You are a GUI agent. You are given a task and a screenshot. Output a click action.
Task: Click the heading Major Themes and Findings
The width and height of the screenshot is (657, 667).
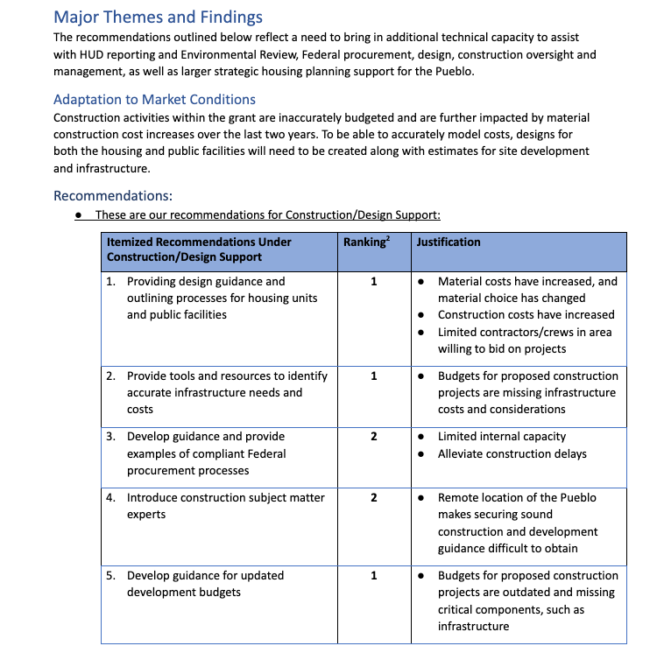click(x=158, y=17)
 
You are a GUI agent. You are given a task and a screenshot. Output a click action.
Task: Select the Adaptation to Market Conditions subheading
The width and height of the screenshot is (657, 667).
click(x=154, y=99)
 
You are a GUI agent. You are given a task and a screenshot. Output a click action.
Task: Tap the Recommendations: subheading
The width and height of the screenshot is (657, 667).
click(x=112, y=195)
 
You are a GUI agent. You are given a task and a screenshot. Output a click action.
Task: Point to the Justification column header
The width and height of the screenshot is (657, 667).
click(x=449, y=242)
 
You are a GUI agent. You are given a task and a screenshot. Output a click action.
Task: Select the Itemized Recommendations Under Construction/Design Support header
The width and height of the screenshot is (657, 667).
click(x=199, y=249)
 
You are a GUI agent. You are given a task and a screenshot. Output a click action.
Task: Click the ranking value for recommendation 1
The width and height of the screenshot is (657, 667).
click(x=373, y=282)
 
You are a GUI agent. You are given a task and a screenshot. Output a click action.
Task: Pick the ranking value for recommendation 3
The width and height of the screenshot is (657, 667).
click(x=373, y=437)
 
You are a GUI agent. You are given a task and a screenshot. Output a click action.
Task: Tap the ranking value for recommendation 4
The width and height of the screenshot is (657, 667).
click(x=373, y=498)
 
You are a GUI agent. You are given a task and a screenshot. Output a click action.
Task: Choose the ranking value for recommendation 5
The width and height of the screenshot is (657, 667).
click(x=373, y=576)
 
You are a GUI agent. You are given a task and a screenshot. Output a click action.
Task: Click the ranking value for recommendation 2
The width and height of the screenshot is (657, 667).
click(x=373, y=376)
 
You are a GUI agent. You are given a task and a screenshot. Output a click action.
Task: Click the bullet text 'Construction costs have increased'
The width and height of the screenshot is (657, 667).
click(x=526, y=315)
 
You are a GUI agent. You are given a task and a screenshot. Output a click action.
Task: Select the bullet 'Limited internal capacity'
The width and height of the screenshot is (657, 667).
click(x=502, y=437)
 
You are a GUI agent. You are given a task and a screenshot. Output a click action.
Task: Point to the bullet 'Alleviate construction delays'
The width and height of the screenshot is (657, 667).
click(x=512, y=454)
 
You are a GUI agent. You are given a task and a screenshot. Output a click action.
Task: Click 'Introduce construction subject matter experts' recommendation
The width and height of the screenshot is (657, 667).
click(x=225, y=506)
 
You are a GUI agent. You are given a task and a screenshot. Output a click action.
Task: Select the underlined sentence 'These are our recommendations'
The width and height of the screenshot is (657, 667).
click(x=267, y=214)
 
